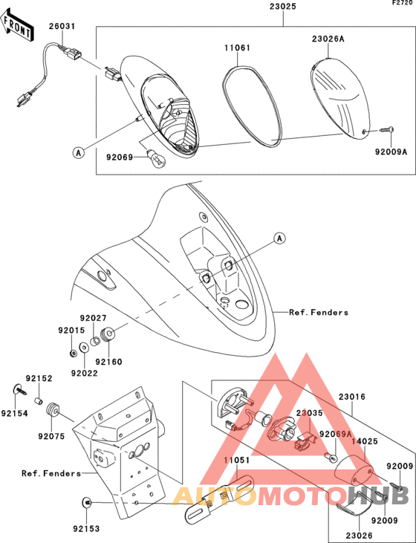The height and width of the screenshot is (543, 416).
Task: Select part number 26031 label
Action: click(x=62, y=26)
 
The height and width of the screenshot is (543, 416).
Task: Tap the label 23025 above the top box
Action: click(x=283, y=7)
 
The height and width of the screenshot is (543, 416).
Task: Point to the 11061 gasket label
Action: click(x=237, y=48)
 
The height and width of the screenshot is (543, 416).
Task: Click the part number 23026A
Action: click(x=328, y=39)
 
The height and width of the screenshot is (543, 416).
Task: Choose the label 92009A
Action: click(x=391, y=152)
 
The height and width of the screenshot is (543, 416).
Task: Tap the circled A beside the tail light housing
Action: click(x=79, y=152)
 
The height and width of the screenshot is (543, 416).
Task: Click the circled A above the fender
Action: click(x=279, y=238)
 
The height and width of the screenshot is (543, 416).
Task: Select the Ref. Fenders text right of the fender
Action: click(x=319, y=313)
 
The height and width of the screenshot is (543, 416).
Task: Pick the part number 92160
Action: click(x=108, y=362)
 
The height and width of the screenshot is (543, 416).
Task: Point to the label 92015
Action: click(x=71, y=331)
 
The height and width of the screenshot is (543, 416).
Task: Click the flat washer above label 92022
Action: click(x=83, y=348)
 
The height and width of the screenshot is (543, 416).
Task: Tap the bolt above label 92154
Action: click(x=21, y=389)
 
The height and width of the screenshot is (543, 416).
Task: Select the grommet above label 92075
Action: click(x=53, y=410)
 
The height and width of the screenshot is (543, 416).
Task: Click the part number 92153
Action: click(x=86, y=529)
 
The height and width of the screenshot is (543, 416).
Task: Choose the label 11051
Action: click(x=236, y=460)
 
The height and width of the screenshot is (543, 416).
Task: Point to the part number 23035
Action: click(x=309, y=413)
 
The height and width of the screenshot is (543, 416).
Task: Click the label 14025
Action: click(x=365, y=441)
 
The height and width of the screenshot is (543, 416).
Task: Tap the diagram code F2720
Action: click(x=402, y=3)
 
